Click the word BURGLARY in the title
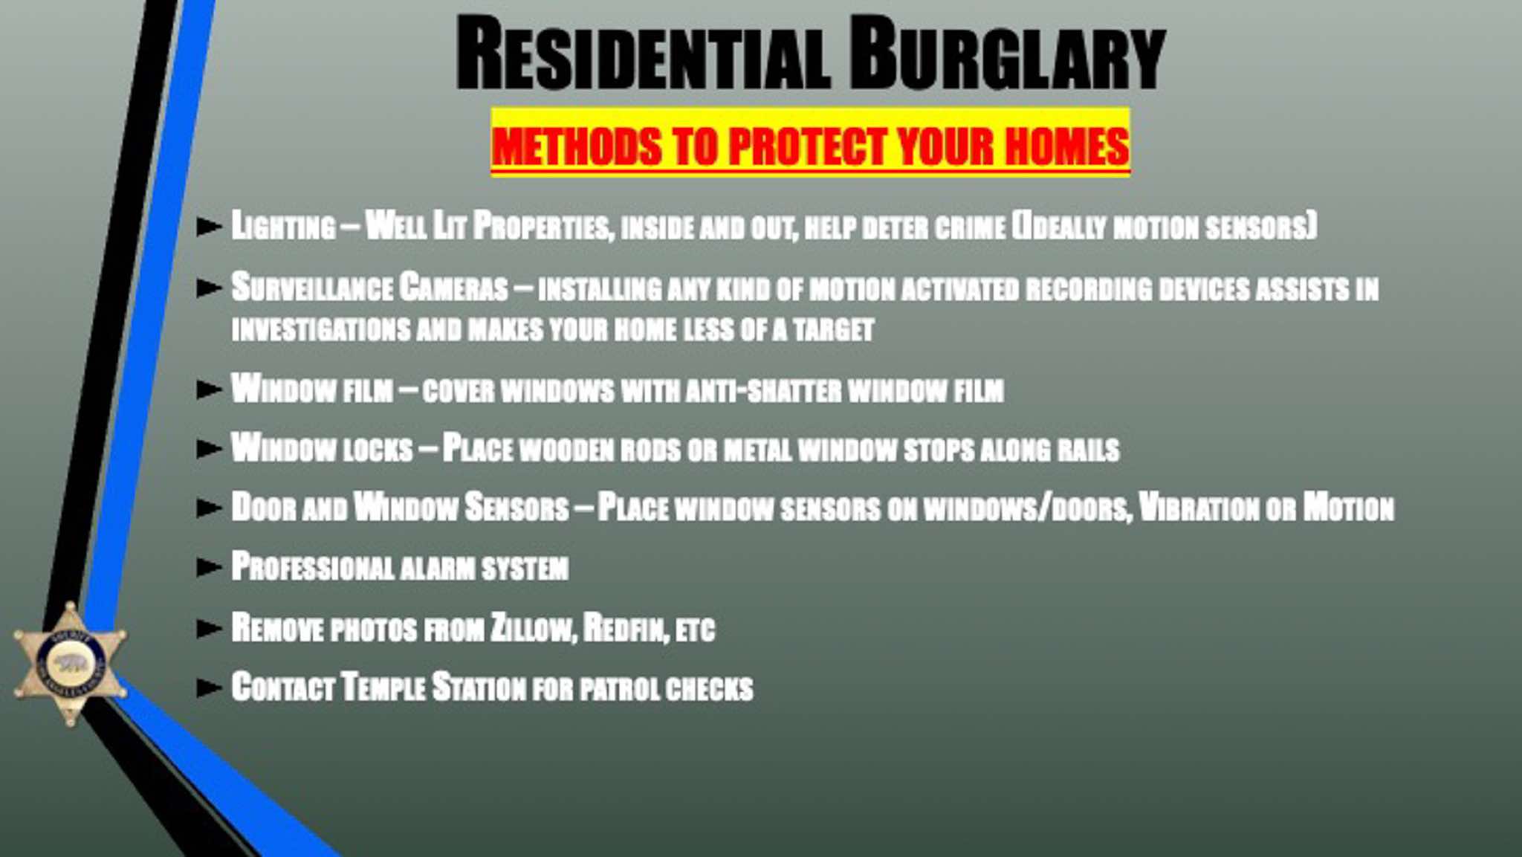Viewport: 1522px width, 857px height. (1008, 54)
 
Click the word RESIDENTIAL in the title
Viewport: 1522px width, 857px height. (643, 54)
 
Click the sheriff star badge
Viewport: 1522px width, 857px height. (70, 664)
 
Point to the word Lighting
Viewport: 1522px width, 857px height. (283, 225)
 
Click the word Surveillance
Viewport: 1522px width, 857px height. (312, 288)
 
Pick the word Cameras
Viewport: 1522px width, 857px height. (453, 288)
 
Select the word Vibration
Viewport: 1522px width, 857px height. (1199, 508)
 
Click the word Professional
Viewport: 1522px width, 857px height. (313, 567)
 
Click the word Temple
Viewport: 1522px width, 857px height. (383, 687)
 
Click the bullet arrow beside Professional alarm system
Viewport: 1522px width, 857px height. (209, 567)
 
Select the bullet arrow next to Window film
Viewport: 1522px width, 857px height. (209, 389)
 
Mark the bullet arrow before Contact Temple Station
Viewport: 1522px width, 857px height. (209, 688)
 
